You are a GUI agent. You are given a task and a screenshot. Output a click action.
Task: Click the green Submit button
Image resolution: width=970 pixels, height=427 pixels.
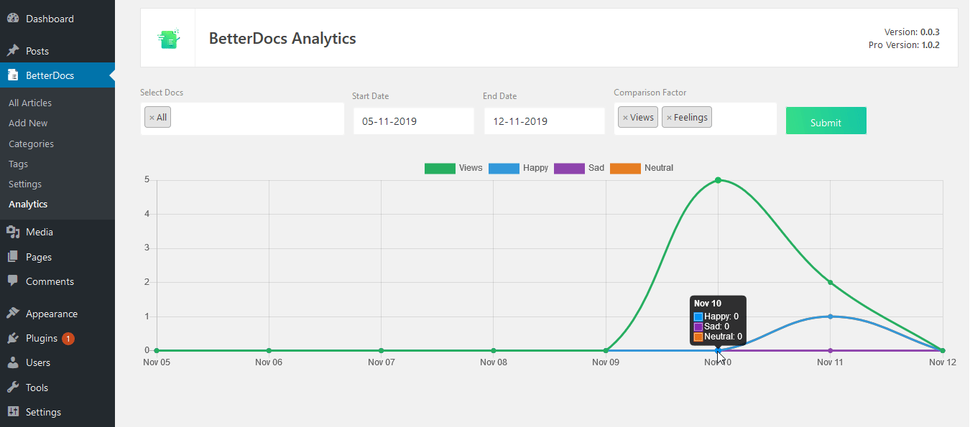826,121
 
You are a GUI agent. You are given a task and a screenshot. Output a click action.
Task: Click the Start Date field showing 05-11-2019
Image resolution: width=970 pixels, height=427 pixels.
413,121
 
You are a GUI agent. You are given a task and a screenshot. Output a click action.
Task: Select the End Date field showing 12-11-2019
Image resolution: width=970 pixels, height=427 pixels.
544,121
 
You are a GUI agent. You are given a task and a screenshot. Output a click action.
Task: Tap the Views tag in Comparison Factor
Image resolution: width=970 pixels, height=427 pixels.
638,118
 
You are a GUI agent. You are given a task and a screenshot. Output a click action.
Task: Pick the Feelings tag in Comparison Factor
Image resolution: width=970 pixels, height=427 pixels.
687,118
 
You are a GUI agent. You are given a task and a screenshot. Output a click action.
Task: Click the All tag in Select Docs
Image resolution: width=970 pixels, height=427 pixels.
158,118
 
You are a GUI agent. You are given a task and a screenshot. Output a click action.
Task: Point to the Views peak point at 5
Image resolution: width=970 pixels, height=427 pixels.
718,180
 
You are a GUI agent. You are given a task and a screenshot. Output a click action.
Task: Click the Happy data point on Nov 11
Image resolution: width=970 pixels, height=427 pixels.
830,316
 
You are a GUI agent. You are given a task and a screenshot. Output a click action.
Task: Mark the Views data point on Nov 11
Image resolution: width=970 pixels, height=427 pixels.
830,282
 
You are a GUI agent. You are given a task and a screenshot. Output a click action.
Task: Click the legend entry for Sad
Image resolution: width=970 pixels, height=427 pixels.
579,168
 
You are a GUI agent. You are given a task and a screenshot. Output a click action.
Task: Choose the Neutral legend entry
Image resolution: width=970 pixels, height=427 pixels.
642,168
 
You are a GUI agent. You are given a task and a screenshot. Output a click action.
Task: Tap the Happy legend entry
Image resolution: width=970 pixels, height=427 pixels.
518,168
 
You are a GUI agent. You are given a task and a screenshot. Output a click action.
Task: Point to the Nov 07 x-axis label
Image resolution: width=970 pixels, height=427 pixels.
382,362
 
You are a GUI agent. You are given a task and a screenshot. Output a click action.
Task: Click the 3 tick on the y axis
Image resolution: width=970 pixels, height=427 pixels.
147,248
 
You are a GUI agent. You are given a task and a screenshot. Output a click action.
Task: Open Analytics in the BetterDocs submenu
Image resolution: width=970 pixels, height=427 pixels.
28,205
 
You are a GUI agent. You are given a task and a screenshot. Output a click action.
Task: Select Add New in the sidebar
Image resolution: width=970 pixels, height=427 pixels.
28,123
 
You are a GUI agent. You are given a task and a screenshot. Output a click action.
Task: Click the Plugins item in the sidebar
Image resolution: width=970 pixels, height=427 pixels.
42,338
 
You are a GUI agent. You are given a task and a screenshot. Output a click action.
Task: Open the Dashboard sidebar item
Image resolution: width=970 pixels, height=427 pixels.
50,19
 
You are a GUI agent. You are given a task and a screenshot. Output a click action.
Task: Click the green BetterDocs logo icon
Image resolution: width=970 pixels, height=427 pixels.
168,38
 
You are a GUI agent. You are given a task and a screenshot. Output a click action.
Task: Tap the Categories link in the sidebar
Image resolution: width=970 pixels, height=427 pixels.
31,144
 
